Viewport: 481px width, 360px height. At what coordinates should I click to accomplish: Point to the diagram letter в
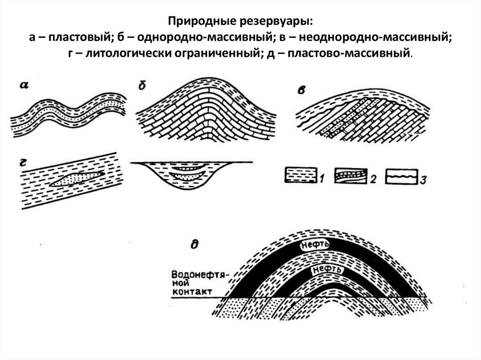301,90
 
